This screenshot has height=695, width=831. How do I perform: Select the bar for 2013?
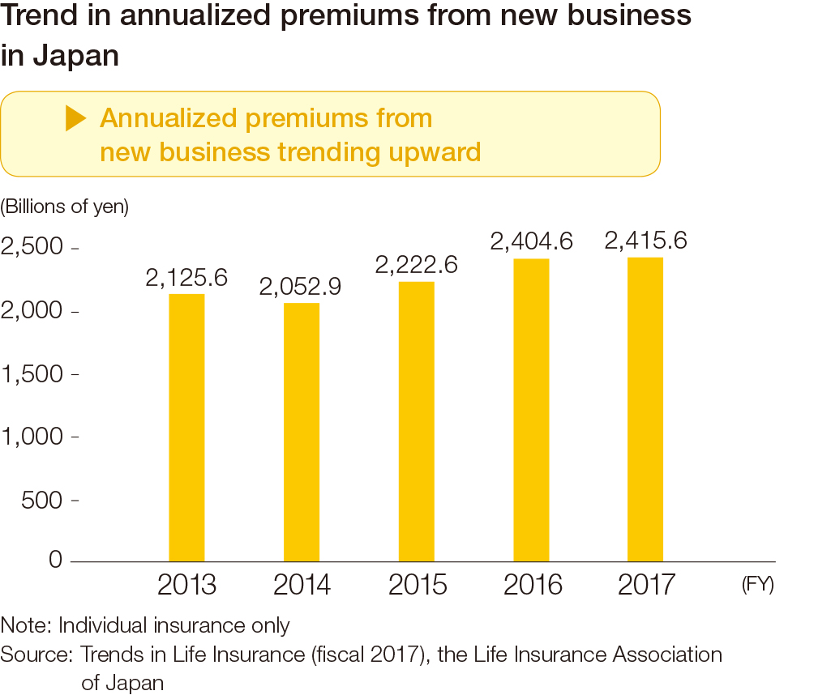[186, 427]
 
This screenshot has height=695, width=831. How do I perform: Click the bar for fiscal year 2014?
[302, 432]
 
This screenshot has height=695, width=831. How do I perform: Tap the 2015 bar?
[416, 421]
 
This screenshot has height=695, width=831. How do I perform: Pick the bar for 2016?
[531, 410]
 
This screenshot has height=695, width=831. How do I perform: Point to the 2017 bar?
[645, 409]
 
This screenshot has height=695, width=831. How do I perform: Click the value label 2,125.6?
[186, 279]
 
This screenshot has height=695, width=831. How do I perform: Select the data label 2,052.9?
[301, 287]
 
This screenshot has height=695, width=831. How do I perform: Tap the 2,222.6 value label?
[416, 265]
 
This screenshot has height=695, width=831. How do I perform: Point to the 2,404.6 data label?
[531, 241]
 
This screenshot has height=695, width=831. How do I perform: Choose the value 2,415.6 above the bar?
[646, 241]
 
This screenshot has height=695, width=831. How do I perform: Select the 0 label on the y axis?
[55, 560]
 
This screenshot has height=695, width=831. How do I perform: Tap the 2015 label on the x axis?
[417, 585]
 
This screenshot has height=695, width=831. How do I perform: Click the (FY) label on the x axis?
[757, 585]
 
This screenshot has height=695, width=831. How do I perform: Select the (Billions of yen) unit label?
[65, 207]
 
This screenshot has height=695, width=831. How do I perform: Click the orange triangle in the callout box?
[75, 119]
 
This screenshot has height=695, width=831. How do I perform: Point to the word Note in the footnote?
[24, 625]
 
